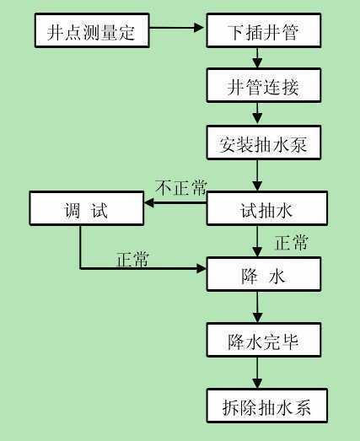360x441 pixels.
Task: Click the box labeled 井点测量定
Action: pos(92,30)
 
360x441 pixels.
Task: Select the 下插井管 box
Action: pos(264,30)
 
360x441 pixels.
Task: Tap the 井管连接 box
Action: pos(264,85)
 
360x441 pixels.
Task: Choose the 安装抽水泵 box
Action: pos(264,143)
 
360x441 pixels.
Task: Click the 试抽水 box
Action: pos(267,208)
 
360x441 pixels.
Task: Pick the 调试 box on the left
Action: pos(87,208)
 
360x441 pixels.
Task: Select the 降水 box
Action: pos(264,274)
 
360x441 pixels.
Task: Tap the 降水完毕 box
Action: pos(264,340)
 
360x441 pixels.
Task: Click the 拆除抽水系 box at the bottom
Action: pos(267,406)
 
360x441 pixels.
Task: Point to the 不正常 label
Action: pos(182,187)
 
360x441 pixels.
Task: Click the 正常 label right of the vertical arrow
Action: pos(292,243)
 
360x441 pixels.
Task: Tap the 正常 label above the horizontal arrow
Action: pos(132,259)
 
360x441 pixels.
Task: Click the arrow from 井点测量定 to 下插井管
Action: pos(176,28)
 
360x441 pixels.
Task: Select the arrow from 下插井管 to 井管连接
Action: pos(257,58)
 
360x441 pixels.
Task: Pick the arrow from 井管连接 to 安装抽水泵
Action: pos(257,114)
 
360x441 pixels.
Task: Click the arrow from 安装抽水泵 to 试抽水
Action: pos(257,175)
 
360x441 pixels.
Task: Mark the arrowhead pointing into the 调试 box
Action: pos(149,202)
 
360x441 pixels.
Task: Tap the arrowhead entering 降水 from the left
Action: pos(201,269)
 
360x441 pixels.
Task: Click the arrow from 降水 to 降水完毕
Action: pos(257,307)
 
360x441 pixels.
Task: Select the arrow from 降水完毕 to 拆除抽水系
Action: pos(257,373)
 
